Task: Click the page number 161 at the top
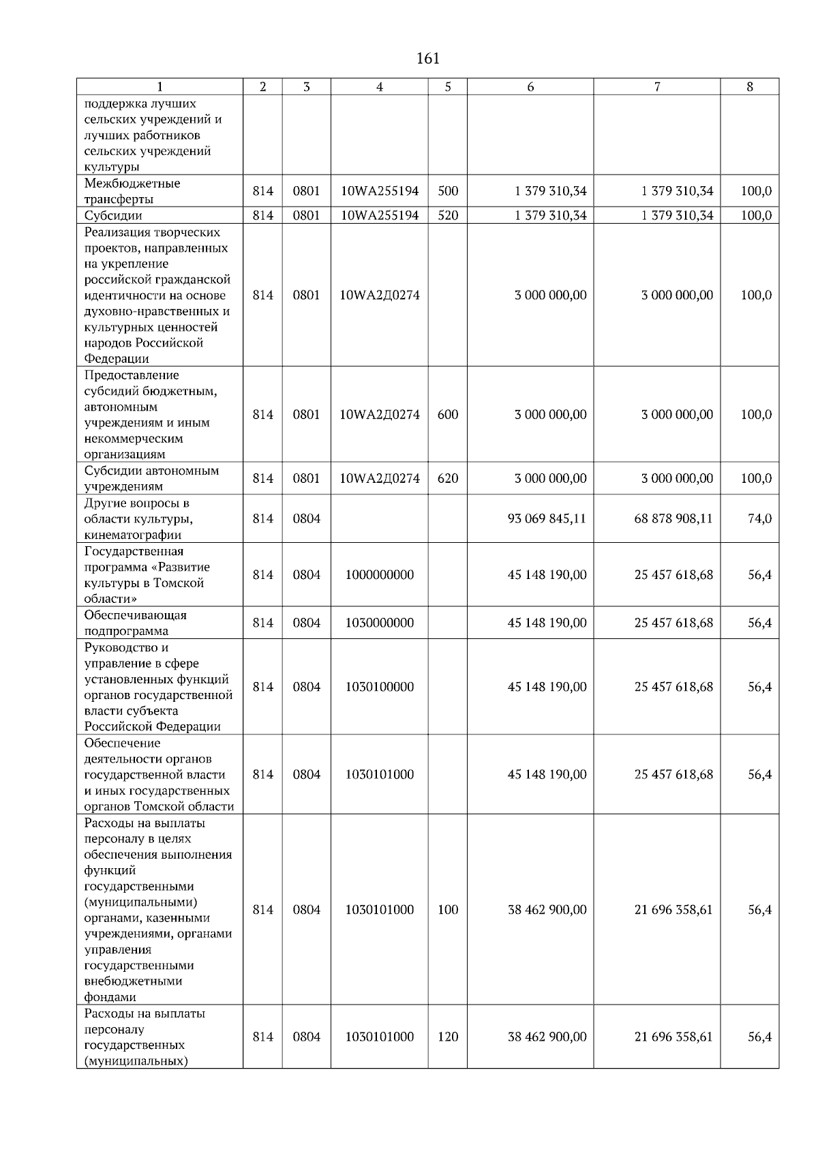click(x=427, y=59)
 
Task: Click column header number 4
click(x=380, y=87)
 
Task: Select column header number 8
click(x=750, y=87)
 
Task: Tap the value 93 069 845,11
click(x=547, y=518)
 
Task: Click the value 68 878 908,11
click(x=673, y=518)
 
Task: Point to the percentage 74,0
click(x=759, y=518)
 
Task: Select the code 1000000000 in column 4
click(x=380, y=575)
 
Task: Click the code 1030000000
click(x=380, y=623)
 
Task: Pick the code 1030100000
click(x=380, y=687)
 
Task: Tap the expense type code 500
click(x=448, y=191)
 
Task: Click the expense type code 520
click(x=448, y=216)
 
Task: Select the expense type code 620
click(x=448, y=478)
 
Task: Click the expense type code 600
click(x=448, y=415)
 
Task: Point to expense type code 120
click(x=448, y=1037)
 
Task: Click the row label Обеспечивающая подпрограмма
click(x=135, y=623)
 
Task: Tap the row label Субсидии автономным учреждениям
click(x=151, y=478)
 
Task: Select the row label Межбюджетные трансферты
click(x=132, y=191)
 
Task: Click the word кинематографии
click(x=133, y=535)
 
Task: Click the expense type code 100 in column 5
click(x=448, y=910)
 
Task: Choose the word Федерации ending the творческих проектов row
click(x=117, y=359)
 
